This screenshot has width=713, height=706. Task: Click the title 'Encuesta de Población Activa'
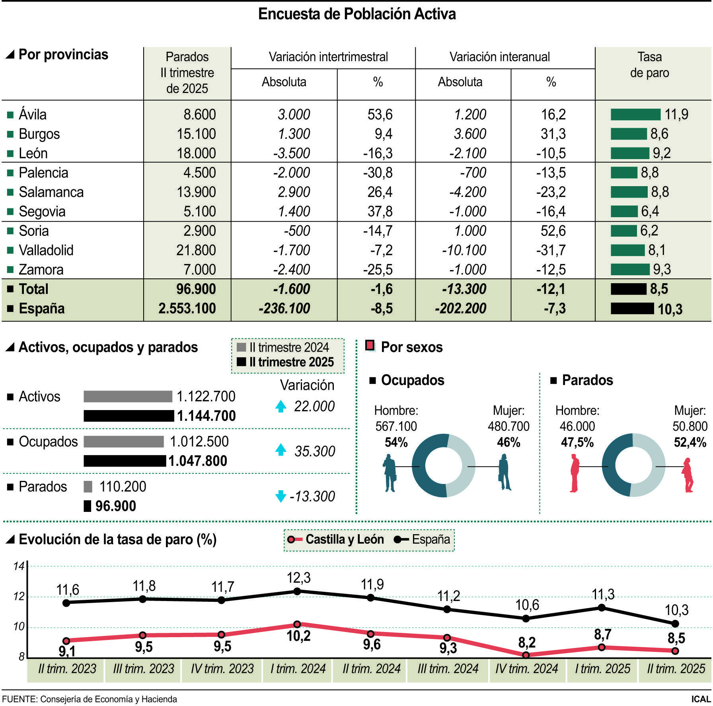coord(357,14)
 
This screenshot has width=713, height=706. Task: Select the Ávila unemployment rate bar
coord(635,115)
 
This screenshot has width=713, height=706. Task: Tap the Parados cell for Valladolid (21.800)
coord(196,250)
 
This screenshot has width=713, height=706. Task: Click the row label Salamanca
coord(51,192)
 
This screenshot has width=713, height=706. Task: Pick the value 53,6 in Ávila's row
coord(380,115)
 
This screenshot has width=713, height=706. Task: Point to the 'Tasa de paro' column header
coord(649,65)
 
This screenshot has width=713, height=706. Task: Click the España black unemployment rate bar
coord(632,308)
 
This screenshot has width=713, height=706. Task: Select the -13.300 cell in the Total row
coord(464,289)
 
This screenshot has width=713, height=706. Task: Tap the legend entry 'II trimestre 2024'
coord(283,347)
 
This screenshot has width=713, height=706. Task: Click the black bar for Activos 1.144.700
coord(129,416)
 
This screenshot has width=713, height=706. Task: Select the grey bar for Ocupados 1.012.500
coord(124,441)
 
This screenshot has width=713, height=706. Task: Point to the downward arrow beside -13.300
coord(281,496)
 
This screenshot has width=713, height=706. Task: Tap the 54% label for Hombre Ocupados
coord(396,442)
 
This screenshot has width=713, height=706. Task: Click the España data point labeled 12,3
coord(297,591)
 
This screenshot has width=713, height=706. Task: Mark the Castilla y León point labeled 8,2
coord(526,655)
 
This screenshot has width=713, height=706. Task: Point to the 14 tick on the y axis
coord(19,566)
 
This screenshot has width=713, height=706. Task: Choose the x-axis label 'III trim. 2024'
coord(448,669)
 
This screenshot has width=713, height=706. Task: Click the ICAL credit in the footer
coord(701,699)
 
